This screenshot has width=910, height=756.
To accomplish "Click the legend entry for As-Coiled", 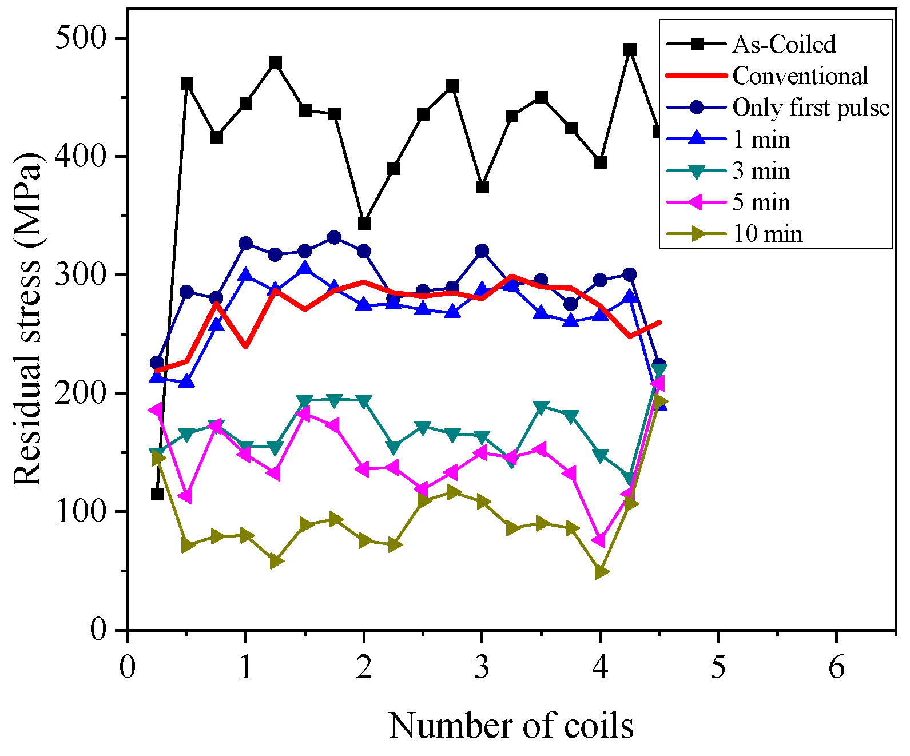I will (x=784, y=45).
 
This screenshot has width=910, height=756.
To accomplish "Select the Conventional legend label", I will (x=800, y=76).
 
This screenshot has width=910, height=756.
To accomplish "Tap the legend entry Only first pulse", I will (x=810, y=108).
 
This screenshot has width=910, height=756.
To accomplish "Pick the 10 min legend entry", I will (x=768, y=234).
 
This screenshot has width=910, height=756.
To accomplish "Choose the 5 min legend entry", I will (x=761, y=202).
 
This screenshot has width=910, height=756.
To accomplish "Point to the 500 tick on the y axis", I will (x=81, y=39).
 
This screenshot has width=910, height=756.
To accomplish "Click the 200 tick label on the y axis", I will (x=81, y=393).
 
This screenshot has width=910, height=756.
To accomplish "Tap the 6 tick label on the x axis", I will (x=836, y=667).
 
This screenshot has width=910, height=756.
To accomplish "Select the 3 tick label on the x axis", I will (x=482, y=667).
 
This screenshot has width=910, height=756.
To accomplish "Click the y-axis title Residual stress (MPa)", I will (x=27, y=320).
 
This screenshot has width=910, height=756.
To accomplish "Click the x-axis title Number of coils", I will (x=511, y=726).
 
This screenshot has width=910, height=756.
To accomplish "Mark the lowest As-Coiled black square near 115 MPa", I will (x=157, y=494).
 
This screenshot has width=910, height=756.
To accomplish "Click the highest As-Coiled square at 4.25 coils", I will (x=630, y=50).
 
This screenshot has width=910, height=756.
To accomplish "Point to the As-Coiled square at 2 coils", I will (x=364, y=223).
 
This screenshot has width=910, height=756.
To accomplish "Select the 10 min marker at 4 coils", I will (x=601, y=572).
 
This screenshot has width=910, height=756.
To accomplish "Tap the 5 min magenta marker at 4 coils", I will (x=599, y=540).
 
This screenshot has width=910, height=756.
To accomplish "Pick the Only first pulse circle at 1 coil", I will (x=246, y=244).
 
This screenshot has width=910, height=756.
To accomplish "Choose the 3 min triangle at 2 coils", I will (x=364, y=401).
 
